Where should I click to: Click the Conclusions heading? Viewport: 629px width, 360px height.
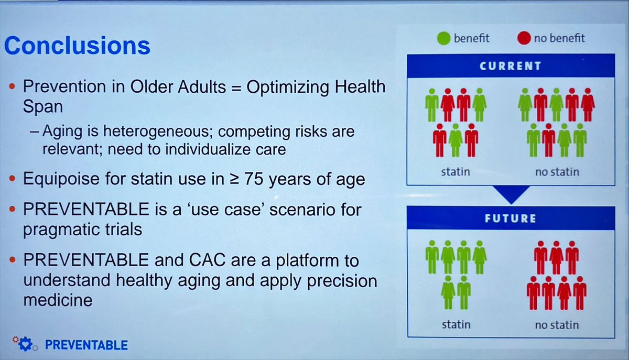tap(77, 46)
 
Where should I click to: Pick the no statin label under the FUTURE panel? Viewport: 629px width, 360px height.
tap(556, 325)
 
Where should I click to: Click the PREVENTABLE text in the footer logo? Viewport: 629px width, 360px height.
tap(86, 345)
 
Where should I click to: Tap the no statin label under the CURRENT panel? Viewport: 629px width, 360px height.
tap(556, 171)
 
